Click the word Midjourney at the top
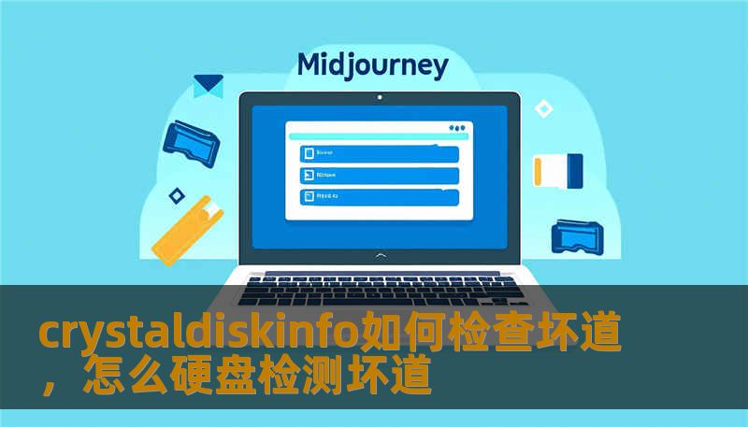[372, 65]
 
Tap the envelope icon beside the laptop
[208, 86]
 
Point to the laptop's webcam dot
[379, 97]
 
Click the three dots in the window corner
[457, 128]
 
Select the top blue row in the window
[379, 152]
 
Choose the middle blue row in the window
[379, 175]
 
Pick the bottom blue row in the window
[379, 197]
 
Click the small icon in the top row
[306, 152]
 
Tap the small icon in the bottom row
[306, 197]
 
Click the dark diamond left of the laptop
[176, 195]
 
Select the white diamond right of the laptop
[543, 108]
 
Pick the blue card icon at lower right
[580, 235]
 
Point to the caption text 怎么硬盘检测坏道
[256, 377]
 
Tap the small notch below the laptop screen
[379, 254]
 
